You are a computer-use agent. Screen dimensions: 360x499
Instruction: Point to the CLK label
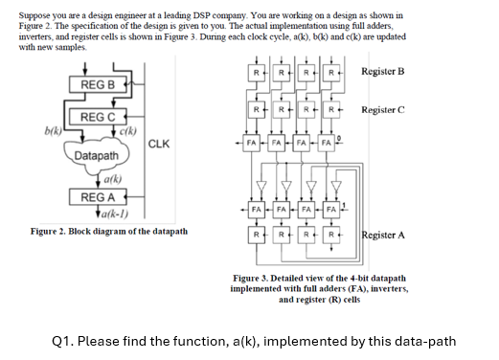160,145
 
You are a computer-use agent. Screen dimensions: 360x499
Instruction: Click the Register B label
382,72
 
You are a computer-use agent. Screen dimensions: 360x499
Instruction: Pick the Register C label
382,110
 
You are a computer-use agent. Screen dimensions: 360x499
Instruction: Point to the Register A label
382,235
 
